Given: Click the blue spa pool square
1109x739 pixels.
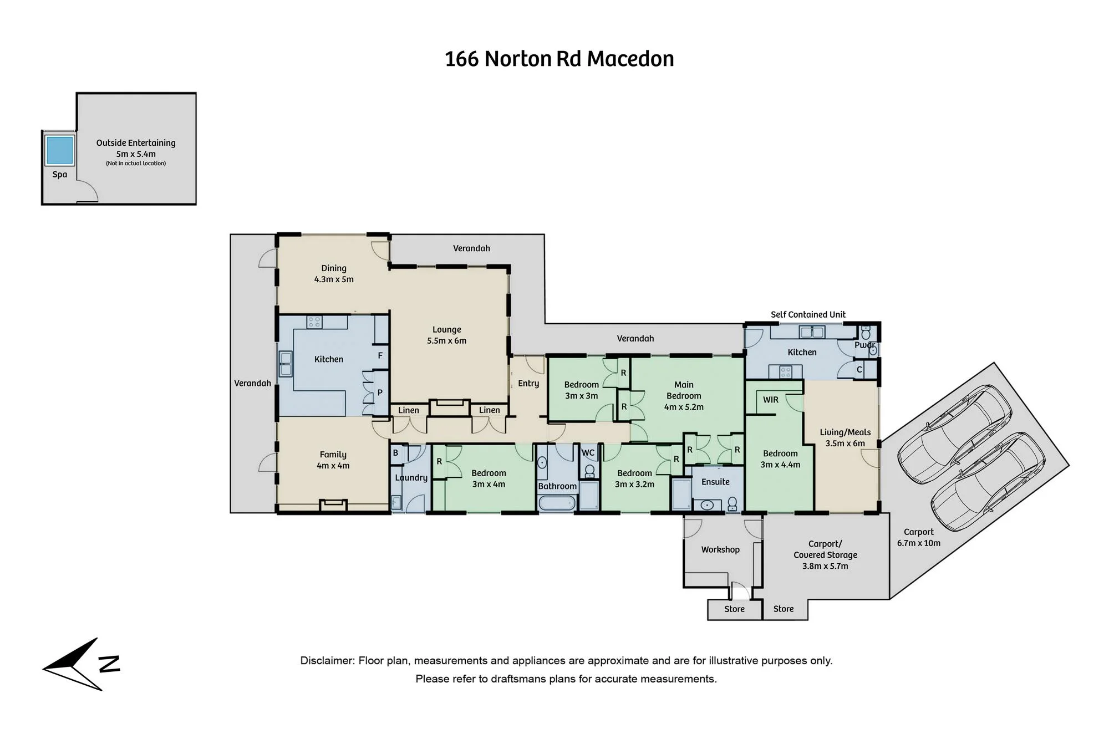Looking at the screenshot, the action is pyautogui.click(x=59, y=150).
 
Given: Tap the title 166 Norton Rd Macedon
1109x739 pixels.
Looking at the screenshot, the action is pyautogui.click(x=559, y=59).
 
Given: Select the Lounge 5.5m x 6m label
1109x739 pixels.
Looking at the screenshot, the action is pyautogui.click(x=447, y=335).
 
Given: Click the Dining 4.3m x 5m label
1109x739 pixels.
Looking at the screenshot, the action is pyautogui.click(x=334, y=273).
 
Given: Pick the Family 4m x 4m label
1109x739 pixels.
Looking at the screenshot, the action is pyautogui.click(x=333, y=460).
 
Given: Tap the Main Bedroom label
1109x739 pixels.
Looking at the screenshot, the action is pyautogui.click(x=684, y=395).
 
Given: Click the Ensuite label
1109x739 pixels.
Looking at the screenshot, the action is pyautogui.click(x=715, y=482).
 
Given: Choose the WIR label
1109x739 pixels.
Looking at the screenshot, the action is pyautogui.click(x=771, y=400).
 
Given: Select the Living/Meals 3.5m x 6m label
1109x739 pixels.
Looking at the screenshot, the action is pyautogui.click(x=845, y=437).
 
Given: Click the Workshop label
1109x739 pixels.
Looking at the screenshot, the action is pyautogui.click(x=720, y=549).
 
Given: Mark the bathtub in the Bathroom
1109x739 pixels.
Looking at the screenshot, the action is pyautogui.click(x=557, y=503).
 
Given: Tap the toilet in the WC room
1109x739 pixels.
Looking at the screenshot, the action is pyautogui.click(x=589, y=471).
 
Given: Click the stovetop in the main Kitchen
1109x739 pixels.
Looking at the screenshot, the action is pyautogui.click(x=314, y=322).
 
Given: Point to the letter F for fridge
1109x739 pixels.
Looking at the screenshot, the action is pyautogui.click(x=380, y=355).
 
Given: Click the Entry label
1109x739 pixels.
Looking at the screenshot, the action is pyautogui.click(x=528, y=383).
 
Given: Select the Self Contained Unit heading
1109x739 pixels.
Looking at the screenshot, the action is pyautogui.click(x=808, y=314).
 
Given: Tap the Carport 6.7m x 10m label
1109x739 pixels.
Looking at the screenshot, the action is pyautogui.click(x=919, y=537).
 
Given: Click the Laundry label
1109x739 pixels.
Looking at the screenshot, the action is pyautogui.click(x=411, y=478).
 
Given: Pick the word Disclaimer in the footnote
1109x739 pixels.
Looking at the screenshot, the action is pyautogui.click(x=327, y=660).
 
